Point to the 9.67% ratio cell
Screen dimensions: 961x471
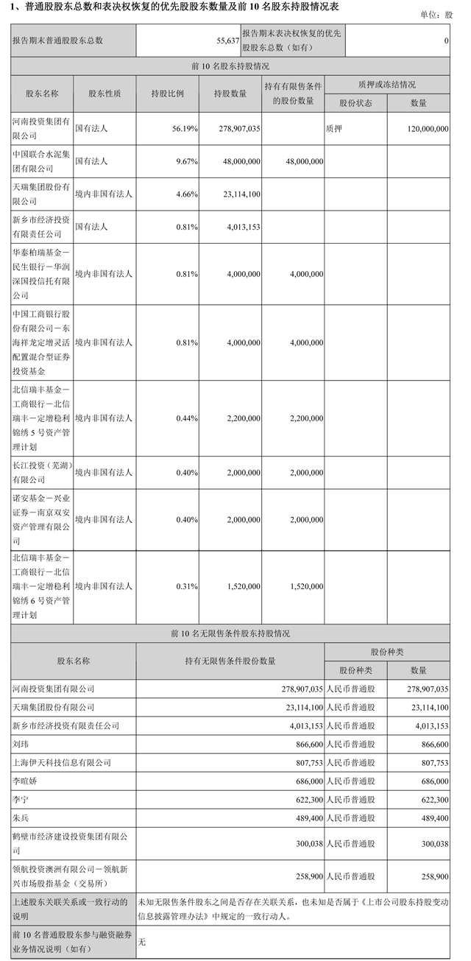[185, 161]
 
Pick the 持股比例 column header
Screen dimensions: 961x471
[167, 94]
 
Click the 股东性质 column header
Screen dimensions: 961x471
[105, 94]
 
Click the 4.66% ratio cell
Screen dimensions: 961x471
[185, 194]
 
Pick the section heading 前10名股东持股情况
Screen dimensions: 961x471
[229, 66]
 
